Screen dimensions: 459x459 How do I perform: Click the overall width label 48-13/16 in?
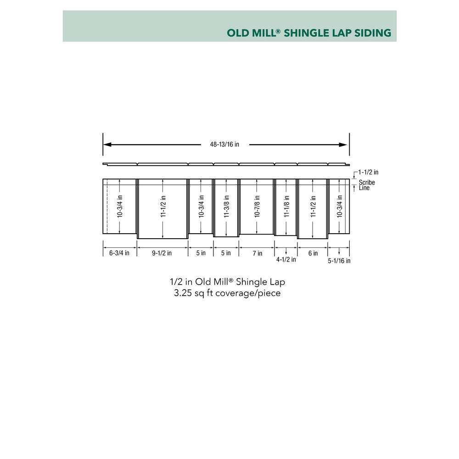click(224, 144)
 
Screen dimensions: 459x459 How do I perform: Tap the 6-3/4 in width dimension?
click(119, 253)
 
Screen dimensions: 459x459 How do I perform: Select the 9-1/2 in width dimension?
click(162, 253)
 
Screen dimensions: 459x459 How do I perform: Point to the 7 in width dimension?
click(257, 253)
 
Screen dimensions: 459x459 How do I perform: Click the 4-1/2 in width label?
click(286, 260)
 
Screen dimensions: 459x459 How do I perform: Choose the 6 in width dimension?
click(313, 253)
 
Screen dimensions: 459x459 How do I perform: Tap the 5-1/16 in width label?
click(339, 261)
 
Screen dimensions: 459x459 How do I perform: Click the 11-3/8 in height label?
click(226, 207)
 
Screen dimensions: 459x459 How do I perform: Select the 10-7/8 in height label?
click(257, 207)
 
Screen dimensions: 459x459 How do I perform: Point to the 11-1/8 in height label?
click(286, 207)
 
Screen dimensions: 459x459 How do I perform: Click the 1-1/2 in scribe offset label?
click(368, 172)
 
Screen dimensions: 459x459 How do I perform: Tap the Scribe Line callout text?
click(367, 185)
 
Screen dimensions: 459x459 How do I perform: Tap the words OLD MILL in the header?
click(252, 33)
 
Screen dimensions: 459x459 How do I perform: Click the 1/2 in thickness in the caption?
click(181, 282)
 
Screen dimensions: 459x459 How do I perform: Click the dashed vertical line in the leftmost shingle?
click(107, 207)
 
